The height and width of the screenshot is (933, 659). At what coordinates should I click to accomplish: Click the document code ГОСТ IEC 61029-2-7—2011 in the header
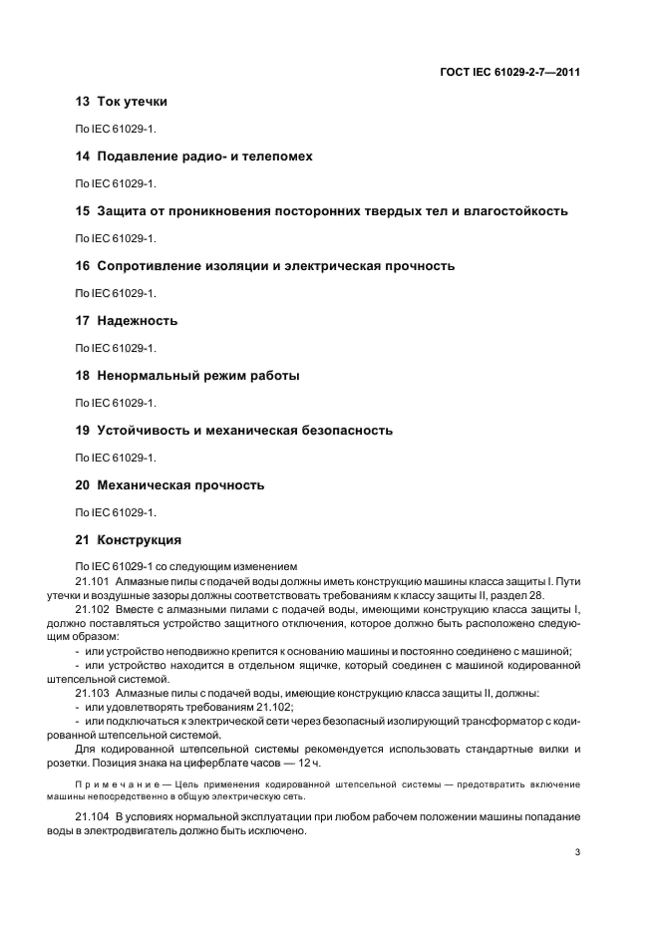[x=510, y=73]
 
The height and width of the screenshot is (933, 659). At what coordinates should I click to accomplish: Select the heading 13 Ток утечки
[x=122, y=102]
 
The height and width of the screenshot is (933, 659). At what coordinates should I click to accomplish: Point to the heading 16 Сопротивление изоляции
[x=265, y=266]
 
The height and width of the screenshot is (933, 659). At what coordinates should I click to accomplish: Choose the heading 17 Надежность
[x=127, y=321]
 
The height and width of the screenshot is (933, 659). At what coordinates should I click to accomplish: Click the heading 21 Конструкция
[x=129, y=540]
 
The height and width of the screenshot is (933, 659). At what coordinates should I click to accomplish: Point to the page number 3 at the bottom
[x=578, y=852]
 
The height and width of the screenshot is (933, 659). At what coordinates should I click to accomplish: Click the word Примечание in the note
[x=112, y=783]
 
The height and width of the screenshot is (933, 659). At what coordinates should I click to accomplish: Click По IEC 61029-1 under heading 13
[x=117, y=130]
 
